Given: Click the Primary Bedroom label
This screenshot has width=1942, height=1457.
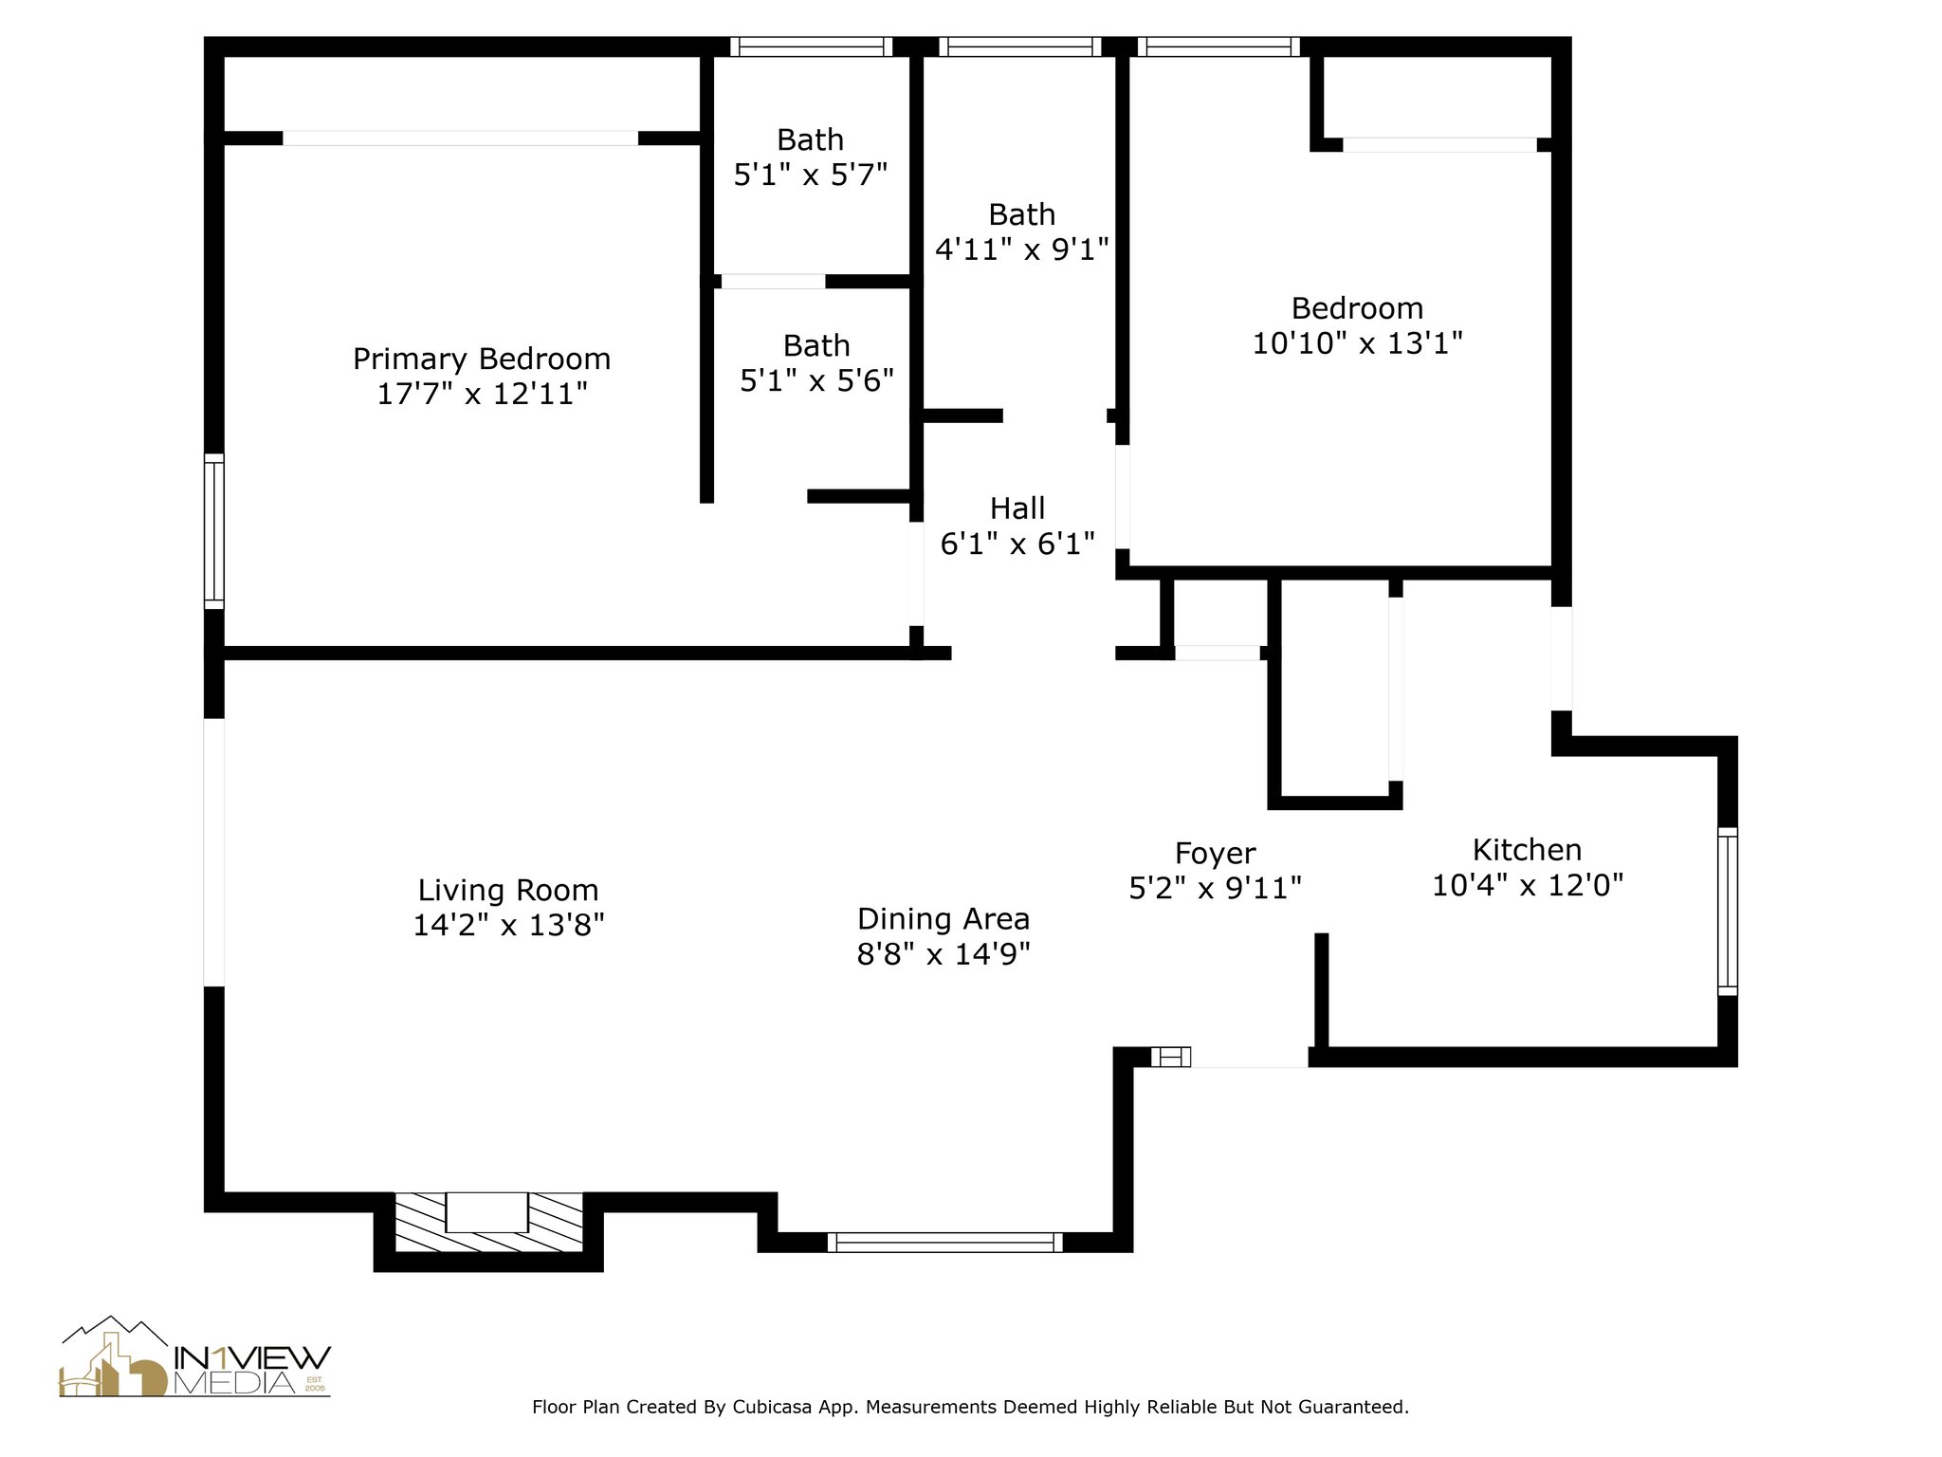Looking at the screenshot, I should pyautogui.click(x=482, y=359).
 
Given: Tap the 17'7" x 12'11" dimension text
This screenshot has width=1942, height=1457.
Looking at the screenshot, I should pyautogui.click(x=482, y=394).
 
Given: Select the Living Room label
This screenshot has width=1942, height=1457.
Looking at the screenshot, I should pyautogui.click(x=508, y=890).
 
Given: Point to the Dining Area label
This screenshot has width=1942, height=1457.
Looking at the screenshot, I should pyautogui.click(x=943, y=918).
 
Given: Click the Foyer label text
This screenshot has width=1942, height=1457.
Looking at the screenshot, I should pyautogui.click(x=1215, y=854).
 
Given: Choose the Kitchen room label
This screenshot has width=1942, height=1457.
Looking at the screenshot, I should pyautogui.click(x=1527, y=849).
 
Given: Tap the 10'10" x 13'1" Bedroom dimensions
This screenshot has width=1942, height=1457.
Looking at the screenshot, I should pyautogui.click(x=1357, y=342).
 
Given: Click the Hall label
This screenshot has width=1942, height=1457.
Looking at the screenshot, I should pyautogui.click(x=1017, y=508).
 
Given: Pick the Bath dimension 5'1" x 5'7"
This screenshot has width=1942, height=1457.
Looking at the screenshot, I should pyautogui.click(x=810, y=175).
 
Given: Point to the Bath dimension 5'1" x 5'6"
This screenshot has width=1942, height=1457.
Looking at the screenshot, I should pyautogui.click(x=816, y=380).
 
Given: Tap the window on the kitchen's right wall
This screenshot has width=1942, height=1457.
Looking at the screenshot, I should pyautogui.click(x=1728, y=911).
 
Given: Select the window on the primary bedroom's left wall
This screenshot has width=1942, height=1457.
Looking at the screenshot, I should pyautogui.click(x=215, y=531).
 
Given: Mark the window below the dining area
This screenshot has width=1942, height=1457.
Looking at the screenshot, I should pyautogui.click(x=944, y=1242).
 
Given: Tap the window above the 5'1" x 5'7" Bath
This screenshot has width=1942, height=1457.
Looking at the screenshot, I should pyautogui.click(x=811, y=46).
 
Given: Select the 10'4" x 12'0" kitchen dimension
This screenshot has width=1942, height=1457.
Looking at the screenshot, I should pyautogui.click(x=1527, y=885).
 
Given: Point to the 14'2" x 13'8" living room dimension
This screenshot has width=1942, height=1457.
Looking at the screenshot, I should pyautogui.click(x=508, y=925).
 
